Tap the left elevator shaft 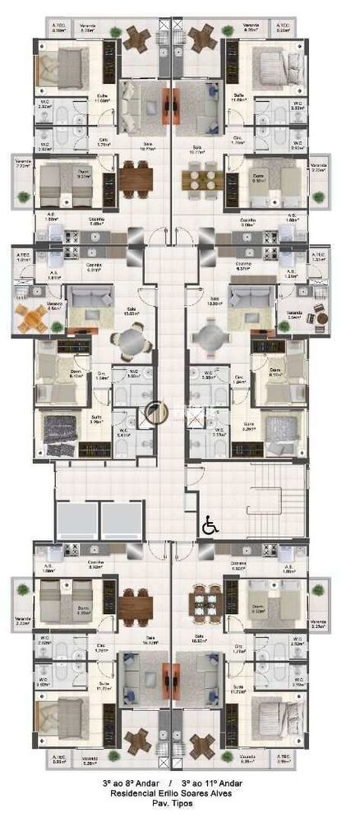76,520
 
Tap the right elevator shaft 122,520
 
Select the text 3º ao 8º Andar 127,784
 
